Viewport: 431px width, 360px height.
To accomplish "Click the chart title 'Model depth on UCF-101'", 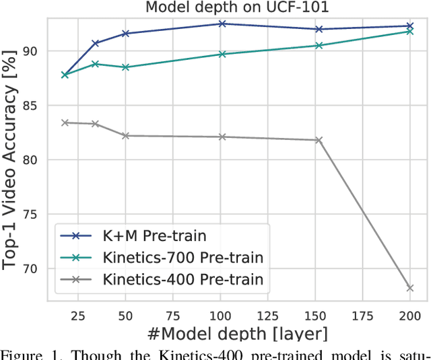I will pyautogui.click(x=239, y=7).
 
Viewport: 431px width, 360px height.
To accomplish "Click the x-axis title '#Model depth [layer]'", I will pyautogui.click(x=239, y=334).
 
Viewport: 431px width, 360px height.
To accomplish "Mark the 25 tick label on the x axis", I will pyautogui.click(x=78, y=315).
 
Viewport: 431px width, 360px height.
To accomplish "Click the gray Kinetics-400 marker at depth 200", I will pyautogui.click(x=409, y=288).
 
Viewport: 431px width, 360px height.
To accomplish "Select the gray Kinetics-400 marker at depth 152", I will pyautogui.click(x=319, y=140).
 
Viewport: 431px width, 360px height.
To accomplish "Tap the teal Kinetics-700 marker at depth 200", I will pyautogui.click(x=409, y=31).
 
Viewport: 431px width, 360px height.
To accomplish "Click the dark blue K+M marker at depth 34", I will pyautogui.click(x=96, y=43).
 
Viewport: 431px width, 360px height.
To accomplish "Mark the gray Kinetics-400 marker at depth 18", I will pyautogui.click(x=65, y=122).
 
